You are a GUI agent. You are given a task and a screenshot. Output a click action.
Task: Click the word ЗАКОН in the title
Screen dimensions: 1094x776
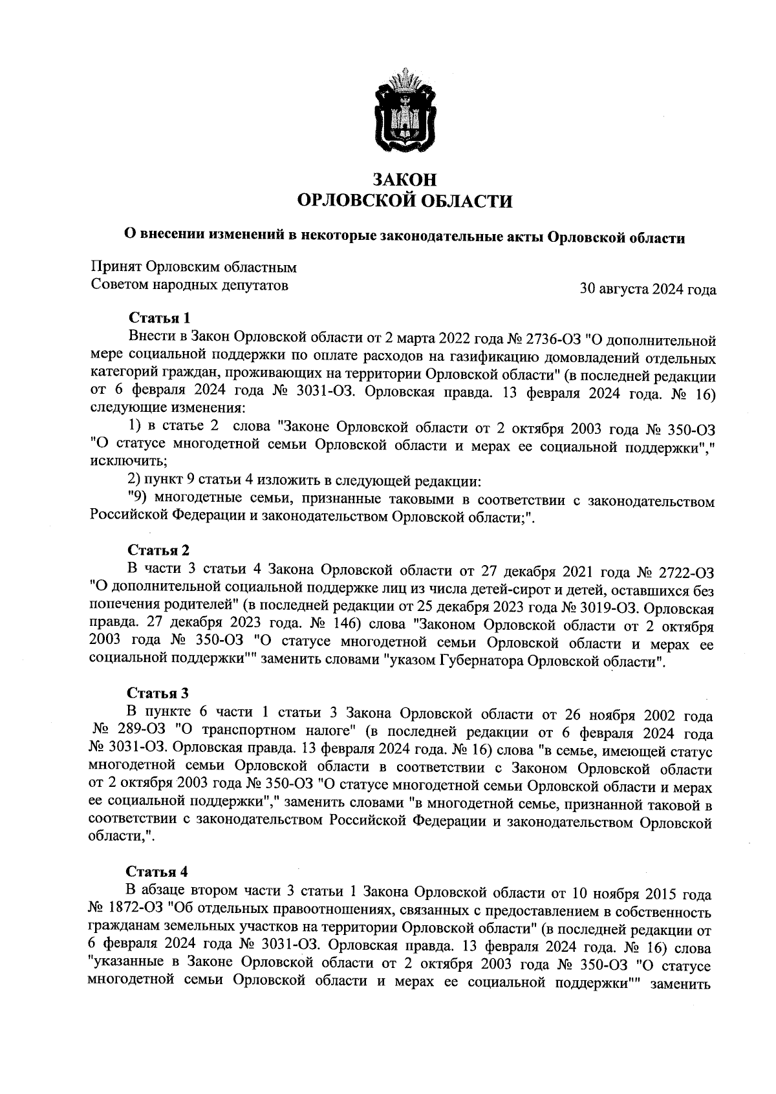click(404, 180)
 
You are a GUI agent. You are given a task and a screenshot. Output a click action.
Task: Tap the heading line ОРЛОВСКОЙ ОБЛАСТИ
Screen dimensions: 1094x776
click(404, 201)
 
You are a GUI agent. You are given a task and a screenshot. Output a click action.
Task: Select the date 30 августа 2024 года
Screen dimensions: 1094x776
click(648, 289)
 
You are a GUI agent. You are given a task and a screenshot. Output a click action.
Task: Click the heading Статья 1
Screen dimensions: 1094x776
click(160, 318)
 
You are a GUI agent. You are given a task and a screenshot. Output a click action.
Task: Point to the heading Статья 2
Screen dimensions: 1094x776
click(158, 550)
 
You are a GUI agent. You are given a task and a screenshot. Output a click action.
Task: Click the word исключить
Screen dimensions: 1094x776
click(120, 462)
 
